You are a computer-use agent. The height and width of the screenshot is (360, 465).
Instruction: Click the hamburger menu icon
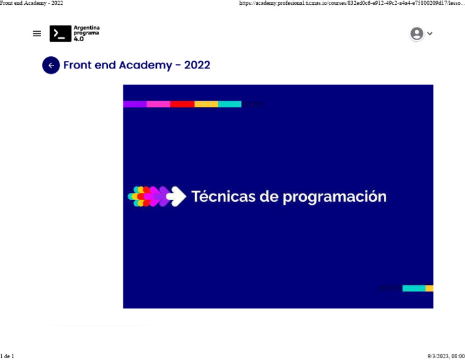click(37, 33)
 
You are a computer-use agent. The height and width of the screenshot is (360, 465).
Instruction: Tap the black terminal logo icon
click(60, 33)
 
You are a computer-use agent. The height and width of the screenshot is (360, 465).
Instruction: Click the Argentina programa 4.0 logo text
click(86, 33)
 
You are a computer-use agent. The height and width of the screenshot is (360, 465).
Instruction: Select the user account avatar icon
click(417, 33)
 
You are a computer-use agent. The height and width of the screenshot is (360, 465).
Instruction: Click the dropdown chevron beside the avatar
click(430, 34)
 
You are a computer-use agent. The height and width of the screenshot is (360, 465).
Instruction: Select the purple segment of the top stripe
click(134, 104)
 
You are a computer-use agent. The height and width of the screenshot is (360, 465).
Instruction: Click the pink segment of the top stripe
click(158, 104)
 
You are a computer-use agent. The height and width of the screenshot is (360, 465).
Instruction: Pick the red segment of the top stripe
click(182, 104)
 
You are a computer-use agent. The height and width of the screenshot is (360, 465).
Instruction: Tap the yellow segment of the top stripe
click(206, 104)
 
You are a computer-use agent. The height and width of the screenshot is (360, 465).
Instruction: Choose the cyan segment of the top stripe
click(229, 104)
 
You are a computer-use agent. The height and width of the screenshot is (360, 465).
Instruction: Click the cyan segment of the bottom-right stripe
click(414, 288)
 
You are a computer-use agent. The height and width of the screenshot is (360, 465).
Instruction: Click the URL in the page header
click(352, 3)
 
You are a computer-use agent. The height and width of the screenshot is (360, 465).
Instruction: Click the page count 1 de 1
click(7, 356)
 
